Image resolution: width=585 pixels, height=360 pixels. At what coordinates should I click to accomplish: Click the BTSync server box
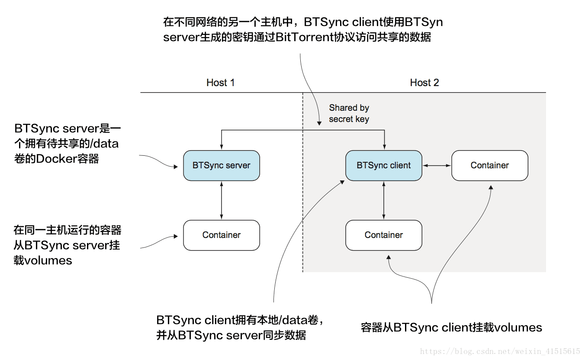[222, 165]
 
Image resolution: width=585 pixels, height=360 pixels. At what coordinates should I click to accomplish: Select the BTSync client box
[384, 165]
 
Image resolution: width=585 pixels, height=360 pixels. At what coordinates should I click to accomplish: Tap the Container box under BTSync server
[222, 235]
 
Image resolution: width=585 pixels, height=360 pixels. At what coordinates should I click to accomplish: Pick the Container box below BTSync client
[384, 235]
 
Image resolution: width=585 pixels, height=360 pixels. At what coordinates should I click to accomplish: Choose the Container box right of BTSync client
[490, 165]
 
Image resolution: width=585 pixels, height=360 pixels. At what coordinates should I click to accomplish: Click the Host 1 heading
[220, 83]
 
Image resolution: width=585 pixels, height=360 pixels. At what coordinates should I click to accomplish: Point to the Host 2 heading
[424, 83]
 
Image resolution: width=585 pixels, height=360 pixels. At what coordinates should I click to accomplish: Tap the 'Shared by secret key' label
[349, 113]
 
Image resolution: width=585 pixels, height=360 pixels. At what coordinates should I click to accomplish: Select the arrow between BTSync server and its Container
[222, 200]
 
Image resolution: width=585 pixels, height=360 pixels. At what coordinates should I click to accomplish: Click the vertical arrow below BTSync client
[384, 200]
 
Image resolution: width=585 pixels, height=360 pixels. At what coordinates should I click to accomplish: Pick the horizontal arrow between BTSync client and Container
[437, 165]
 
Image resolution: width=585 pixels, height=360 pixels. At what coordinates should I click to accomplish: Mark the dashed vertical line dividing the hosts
[303, 182]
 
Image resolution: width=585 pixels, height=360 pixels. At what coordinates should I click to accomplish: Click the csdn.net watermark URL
[500, 351]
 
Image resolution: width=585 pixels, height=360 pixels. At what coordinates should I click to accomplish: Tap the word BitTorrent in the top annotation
[305, 37]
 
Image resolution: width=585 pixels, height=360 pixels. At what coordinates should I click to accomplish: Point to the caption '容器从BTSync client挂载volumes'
[452, 328]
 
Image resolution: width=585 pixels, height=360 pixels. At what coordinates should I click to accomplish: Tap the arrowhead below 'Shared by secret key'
[319, 123]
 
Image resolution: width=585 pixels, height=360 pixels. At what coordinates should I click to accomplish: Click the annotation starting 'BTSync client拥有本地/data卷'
[240, 328]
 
